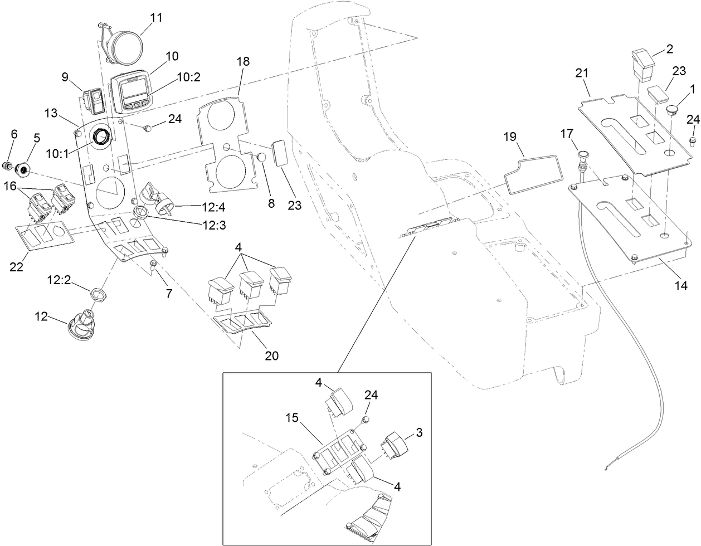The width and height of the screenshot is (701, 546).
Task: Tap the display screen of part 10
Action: point(135,90)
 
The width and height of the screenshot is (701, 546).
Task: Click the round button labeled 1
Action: point(673,110)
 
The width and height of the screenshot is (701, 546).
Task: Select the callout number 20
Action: point(271,355)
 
